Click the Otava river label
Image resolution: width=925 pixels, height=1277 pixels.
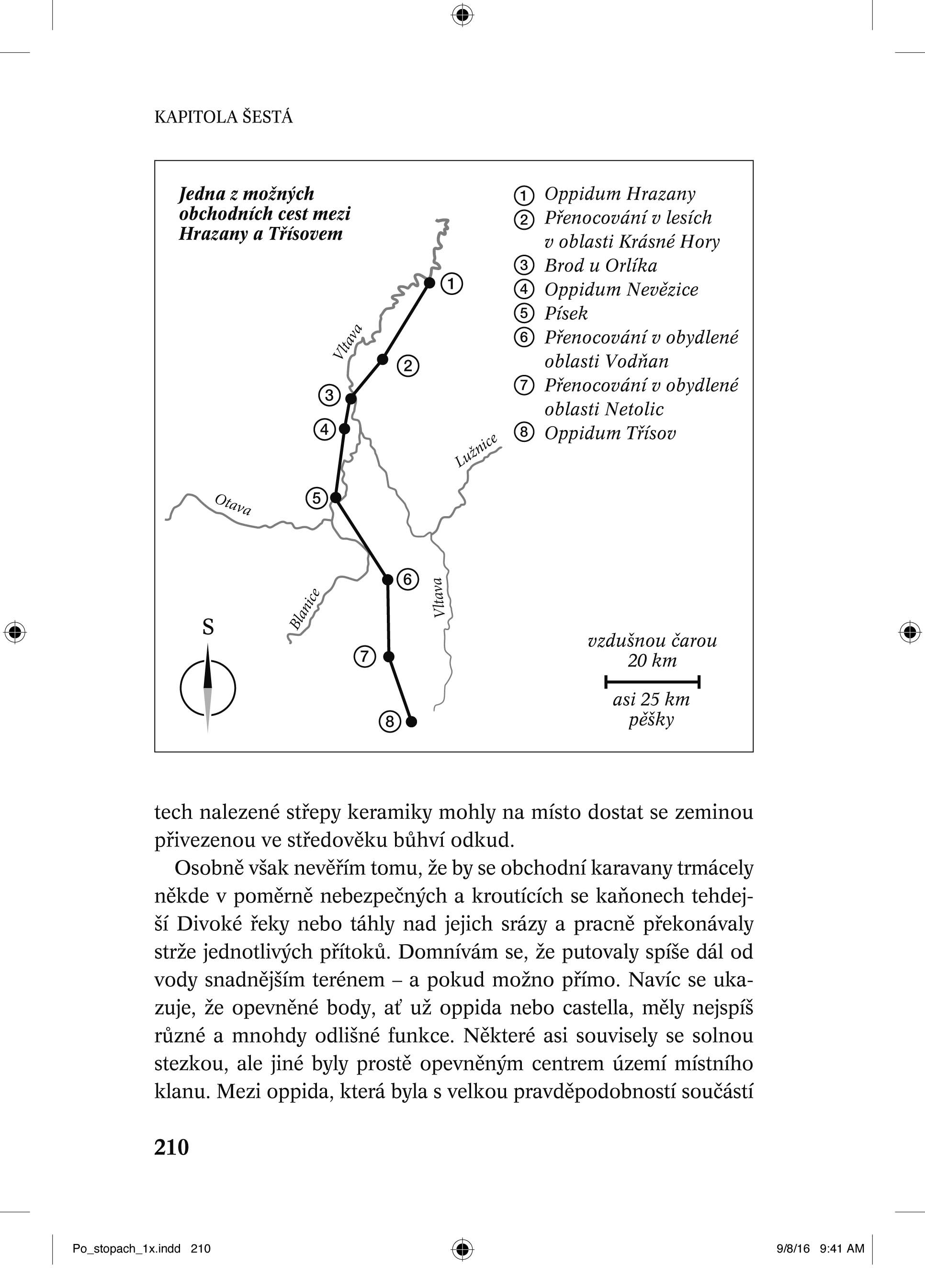point(233,505)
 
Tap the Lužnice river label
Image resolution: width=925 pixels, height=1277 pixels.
point(476,451)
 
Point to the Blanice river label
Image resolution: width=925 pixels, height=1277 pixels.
point(305,609)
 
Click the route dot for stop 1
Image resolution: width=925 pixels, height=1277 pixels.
point(429,283)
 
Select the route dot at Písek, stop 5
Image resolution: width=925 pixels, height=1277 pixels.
point(336,498)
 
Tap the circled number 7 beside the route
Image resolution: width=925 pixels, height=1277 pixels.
point(364,656)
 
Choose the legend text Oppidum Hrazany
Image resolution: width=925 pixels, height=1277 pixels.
point(619,194)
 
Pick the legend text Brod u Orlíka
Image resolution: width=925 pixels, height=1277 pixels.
point(600,266)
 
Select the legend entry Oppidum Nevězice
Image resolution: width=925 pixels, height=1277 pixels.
point(621,290)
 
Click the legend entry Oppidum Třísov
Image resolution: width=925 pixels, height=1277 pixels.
point(609,433)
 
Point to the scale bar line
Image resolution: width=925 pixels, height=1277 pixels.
point(652,682)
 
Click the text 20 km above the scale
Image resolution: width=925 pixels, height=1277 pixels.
point(652,660)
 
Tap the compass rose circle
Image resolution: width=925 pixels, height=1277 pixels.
point(208,688)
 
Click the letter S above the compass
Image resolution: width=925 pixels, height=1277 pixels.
point(208,627)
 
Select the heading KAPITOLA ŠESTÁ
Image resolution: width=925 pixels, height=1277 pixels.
point(224,117)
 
